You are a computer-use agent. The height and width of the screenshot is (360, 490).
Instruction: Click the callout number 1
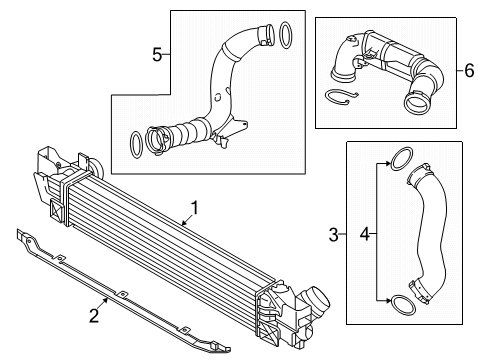coord(195,208)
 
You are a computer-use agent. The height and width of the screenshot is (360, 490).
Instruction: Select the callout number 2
coord(94,316)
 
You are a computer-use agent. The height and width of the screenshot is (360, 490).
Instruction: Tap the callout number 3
coord(333,235)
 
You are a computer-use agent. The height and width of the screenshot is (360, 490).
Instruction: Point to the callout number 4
coord(365,234)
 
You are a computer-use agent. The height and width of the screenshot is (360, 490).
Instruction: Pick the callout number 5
coord(157,55)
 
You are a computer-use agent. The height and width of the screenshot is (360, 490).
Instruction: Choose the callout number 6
coord(469,71)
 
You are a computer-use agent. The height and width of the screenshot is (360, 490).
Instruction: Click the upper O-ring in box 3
coord(401,158)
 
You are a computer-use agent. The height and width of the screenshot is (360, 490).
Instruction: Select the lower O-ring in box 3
coord(403,305)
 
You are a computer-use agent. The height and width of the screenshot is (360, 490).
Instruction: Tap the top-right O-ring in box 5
coord(285,35)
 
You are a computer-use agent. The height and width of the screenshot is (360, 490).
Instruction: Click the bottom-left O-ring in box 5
coord(136,145)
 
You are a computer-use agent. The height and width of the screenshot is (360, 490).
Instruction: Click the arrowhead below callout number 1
coord(184,223)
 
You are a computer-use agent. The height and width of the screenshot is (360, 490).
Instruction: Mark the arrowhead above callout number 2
coord(106,300)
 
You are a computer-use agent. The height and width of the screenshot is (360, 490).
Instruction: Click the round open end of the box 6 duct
coord(416,104)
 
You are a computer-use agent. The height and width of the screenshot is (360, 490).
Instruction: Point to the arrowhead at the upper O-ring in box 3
coord(387,164)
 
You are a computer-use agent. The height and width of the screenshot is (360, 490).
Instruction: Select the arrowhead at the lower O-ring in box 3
coord(387,301)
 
